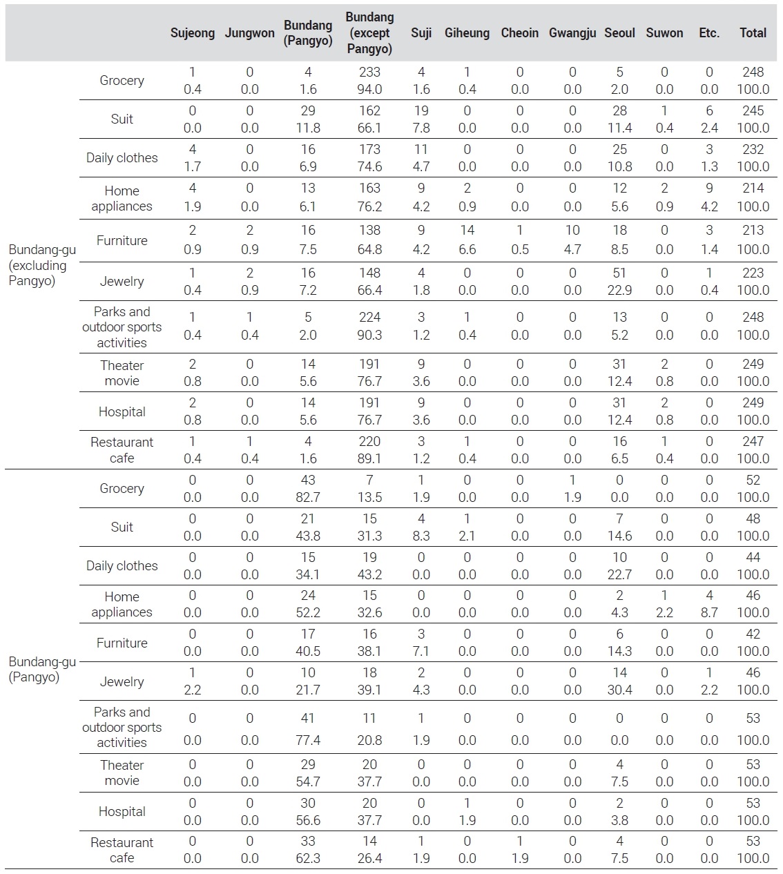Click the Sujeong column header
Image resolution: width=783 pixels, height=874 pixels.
(x=192, y=32)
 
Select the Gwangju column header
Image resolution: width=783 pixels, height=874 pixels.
(x=572, y=32)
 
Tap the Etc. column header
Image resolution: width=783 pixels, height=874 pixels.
(x=708, y=32)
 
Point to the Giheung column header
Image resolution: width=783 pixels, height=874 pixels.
(x=467, y=32)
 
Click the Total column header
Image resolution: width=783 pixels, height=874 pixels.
(x=753, y=32)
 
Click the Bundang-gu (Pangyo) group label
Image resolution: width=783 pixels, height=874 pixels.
(x=42, y=670)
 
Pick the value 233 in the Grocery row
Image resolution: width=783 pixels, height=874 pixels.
(x=369, y=72)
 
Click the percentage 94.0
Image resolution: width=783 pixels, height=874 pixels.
(x=369, y=89)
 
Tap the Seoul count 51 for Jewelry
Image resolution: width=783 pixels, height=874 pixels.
(x=619, y=273)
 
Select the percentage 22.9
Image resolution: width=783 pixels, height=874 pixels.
(x=619, y=290)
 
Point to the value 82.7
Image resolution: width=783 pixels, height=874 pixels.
(x=308, y=497)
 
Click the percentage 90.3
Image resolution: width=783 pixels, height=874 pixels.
(x=369, y=335)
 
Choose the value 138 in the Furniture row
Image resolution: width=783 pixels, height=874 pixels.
(x=369, y=231)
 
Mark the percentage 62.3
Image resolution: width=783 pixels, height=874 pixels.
(x=308, y=858)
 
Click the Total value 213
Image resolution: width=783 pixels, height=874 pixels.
(x=753, y=231)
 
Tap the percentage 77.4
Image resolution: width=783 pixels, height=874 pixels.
(x=308, y=740)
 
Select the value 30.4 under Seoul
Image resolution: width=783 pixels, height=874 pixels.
(x=619, y=690)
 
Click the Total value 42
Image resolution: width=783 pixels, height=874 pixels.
(x=753, y=634)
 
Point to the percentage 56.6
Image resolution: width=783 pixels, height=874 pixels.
(x=308, y=820)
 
